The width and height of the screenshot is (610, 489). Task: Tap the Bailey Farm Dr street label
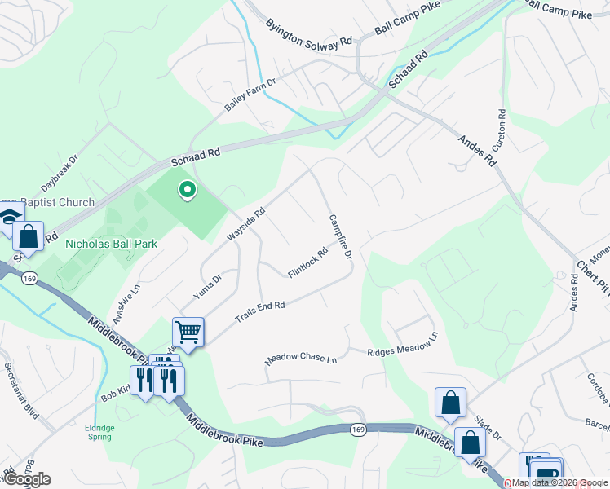click(x=251, y=96)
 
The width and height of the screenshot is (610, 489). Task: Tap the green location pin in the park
click(x=187, y=191)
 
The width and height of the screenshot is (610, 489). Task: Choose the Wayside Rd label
click(x=247, y=224)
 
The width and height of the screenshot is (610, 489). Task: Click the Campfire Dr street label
click(x=340, y=237)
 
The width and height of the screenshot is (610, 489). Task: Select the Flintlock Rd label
click(x=308, y=262)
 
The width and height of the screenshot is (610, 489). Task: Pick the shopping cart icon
click(x=188, y=333)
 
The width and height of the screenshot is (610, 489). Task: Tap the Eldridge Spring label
click(x=103, y=431)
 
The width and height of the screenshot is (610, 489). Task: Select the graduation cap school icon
click(x=9, y=218)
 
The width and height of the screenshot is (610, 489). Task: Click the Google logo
click(x=28, y=479)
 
